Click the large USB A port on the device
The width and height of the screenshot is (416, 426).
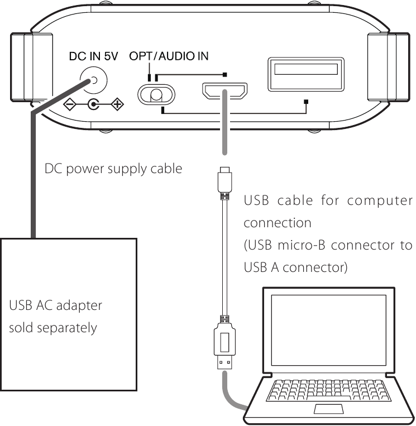[305, 73]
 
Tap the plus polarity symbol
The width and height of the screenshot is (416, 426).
[117, 104]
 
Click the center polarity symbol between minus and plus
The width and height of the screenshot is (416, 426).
[93, 104]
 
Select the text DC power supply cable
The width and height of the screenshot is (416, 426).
[113, 168]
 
